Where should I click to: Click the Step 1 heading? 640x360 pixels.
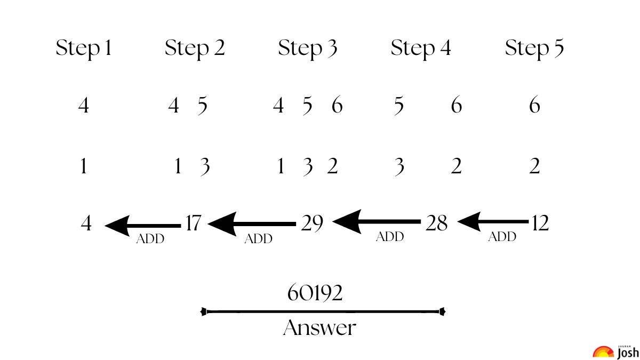click(x=83, y=49)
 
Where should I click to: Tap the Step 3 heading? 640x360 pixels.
click(x=308, y=49)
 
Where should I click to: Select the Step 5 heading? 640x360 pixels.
click(x=534, y=49)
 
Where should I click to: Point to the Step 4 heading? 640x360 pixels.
click(x=421, y=49)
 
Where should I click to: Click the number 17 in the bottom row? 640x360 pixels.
click(x=194, y=223)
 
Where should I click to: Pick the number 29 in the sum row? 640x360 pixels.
click(x=312, y=223)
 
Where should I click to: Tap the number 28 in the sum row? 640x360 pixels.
click(x=436, y=223)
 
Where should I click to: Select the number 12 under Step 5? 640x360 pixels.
click(x=540, y=223)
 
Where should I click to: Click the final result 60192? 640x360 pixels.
click(x=315, y=293)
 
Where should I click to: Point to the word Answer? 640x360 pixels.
click(x=319, y=327)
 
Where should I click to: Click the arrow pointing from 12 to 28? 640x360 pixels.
click(x=493, y=221)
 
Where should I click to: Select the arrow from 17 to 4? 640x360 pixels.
click(x=143, y=226)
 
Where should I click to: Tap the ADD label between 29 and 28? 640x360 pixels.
click(x=390, y=237)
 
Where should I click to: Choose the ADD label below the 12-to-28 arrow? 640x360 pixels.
click(x=502, y=237)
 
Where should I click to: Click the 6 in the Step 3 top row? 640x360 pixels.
click(x=337, y=105)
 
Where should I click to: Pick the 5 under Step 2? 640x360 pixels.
click(x=202, y=106)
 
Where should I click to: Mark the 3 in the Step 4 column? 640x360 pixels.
click(x=399, y=167)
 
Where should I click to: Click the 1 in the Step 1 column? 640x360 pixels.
click(x=83, y=166)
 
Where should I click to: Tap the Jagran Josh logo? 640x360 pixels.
click(x=615, y=352)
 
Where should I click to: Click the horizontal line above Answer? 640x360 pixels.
click(x=323, y=311)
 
